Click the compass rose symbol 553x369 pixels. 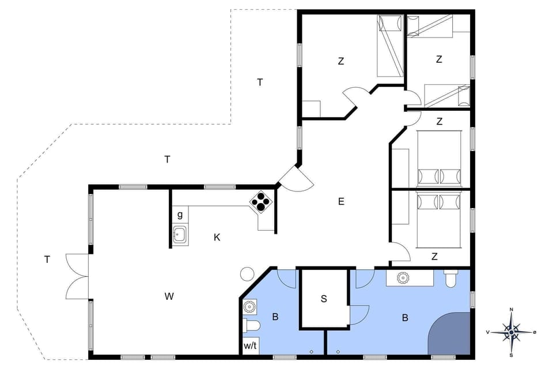(x=512, y=332)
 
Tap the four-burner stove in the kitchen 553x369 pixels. (x=260, y=202)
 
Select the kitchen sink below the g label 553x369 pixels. (x=180, y=235)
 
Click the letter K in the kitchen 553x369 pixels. (x=217, y=237)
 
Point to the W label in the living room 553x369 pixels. (x=169, y=296)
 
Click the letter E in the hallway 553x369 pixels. (x=341, y=201)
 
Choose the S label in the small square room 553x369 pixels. (x=324, y=299)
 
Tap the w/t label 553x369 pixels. (x=250, y=346)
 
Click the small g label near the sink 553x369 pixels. (x=180, y=214)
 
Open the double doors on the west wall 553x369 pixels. (x=77, y=277)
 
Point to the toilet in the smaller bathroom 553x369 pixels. (x=252, y=326)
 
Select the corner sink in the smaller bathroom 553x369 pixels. (x=249, y=306)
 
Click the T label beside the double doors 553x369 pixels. (x=47, y=259)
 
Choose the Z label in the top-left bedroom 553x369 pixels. (x=341, y=61)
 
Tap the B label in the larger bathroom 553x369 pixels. (x=405, y=317)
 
